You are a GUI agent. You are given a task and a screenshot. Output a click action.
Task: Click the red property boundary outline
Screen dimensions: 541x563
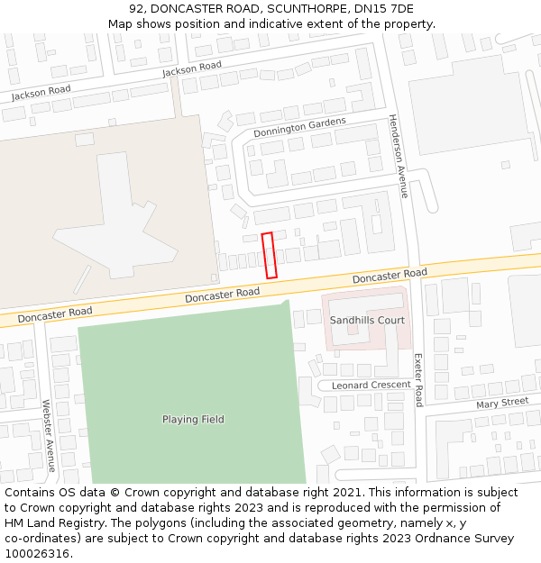point(269,255)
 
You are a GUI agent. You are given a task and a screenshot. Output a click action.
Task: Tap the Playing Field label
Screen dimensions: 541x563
point(193,420)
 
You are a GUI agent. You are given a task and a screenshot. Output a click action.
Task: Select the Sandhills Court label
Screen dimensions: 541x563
point(367,321)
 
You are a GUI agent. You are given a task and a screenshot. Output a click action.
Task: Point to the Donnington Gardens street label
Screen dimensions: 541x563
point(299,128)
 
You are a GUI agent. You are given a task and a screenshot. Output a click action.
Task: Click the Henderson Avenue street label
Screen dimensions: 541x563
point(398,155)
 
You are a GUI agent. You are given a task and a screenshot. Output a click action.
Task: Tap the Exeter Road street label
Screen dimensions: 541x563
point(418,379)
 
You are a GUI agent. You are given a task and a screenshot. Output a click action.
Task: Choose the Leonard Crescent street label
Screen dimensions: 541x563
point(371,386)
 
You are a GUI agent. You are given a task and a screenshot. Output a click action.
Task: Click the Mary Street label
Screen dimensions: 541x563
point(502,403)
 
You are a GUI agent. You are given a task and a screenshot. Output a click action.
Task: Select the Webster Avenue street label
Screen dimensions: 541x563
point(49,436)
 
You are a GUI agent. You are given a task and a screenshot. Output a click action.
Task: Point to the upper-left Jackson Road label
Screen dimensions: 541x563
point(41,91)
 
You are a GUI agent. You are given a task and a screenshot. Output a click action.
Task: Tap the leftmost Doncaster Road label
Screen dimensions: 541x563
point(55,313)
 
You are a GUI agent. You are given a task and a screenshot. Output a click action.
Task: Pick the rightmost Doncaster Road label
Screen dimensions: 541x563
point(390,276)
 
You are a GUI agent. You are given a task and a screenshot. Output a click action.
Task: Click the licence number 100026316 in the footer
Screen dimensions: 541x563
point(36,554)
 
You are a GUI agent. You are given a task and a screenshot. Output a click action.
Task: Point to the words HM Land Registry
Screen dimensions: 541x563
point(50,523)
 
